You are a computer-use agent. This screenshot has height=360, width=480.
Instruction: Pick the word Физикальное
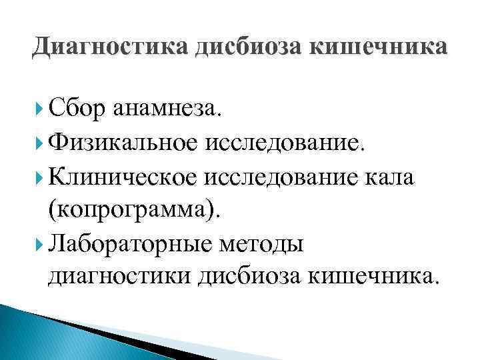click(x=129, y=140)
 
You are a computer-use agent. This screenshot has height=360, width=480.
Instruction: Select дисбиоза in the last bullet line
click(x=247, y=278)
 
